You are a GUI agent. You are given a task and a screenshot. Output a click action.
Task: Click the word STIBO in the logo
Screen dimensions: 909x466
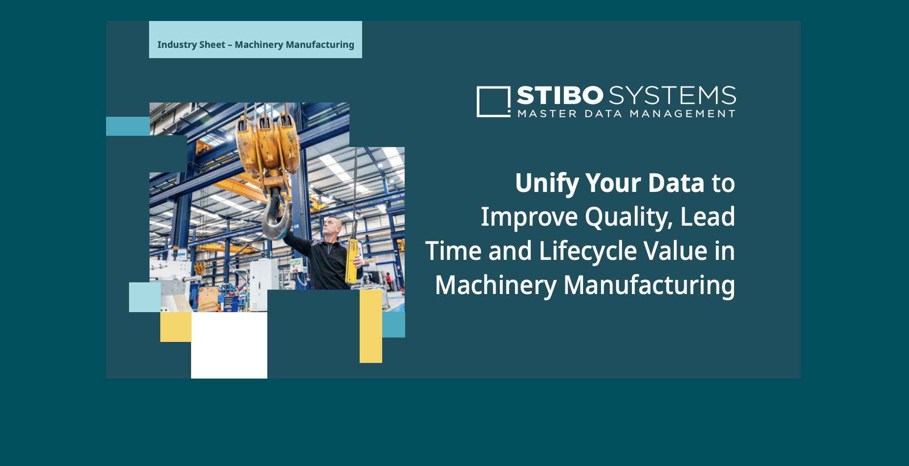point(560,95)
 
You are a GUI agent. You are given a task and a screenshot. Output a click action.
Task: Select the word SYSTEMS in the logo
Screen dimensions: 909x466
point(672,95)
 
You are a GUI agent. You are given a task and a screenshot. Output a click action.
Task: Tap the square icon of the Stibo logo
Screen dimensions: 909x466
point(494,102)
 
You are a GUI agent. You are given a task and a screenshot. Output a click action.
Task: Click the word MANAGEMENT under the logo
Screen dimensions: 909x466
point(683,114)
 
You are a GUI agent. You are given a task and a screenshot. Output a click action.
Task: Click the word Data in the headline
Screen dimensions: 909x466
point(676,183)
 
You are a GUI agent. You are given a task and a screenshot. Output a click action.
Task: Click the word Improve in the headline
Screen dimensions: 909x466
point(529,217)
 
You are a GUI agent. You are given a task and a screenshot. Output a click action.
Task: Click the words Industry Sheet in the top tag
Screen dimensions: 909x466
point(191,44)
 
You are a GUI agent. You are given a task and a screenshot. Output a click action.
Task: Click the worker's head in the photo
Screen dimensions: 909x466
point(333,226)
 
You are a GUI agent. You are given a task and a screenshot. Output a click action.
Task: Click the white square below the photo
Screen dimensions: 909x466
point(229,345)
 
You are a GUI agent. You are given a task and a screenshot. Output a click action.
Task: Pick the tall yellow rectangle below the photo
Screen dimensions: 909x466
point(371,326)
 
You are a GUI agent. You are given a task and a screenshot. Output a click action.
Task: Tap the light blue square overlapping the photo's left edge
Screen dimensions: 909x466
point(145,297)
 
